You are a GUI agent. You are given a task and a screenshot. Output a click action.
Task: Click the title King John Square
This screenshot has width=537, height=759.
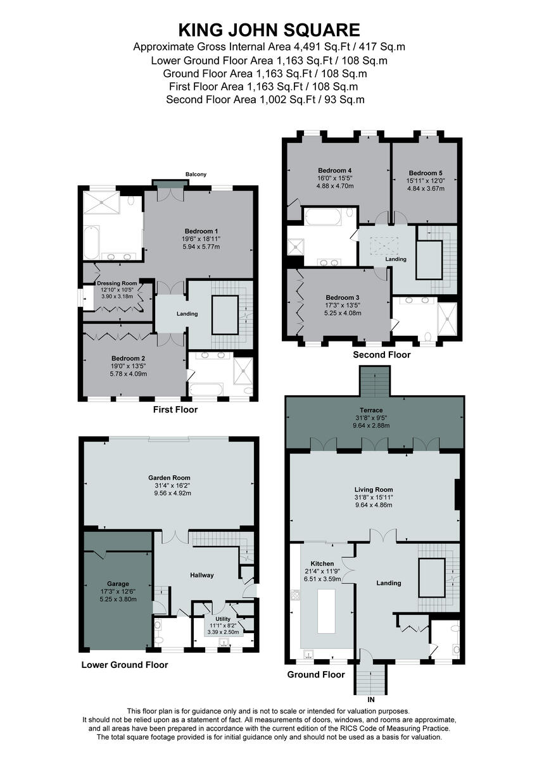click(x=268, y=30)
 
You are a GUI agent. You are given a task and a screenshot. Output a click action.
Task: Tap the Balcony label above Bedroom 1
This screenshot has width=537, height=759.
click(x=196, y=175)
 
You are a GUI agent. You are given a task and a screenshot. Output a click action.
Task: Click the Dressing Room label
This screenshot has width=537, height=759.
click(x=117, y=283)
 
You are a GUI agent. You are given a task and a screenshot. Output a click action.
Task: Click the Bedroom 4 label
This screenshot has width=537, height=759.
click(x=335, y=170)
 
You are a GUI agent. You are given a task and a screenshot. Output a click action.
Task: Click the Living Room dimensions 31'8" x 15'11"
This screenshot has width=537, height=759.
click(x=374, y=498)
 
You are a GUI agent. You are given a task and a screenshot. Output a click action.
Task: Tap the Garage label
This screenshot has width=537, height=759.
click(x=118, y=584)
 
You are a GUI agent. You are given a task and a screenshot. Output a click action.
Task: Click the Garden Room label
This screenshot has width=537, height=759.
click(x=169, y=478)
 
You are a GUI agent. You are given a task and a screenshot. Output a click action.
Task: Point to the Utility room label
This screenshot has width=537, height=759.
click(x=223, y=619)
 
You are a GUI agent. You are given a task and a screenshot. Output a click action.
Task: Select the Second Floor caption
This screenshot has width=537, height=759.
click(x=381, y=355)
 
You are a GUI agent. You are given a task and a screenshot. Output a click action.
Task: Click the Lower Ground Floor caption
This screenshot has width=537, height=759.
click(x=125, y=665)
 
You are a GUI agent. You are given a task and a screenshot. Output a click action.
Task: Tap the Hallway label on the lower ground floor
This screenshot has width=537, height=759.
click(x=202, y=575)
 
